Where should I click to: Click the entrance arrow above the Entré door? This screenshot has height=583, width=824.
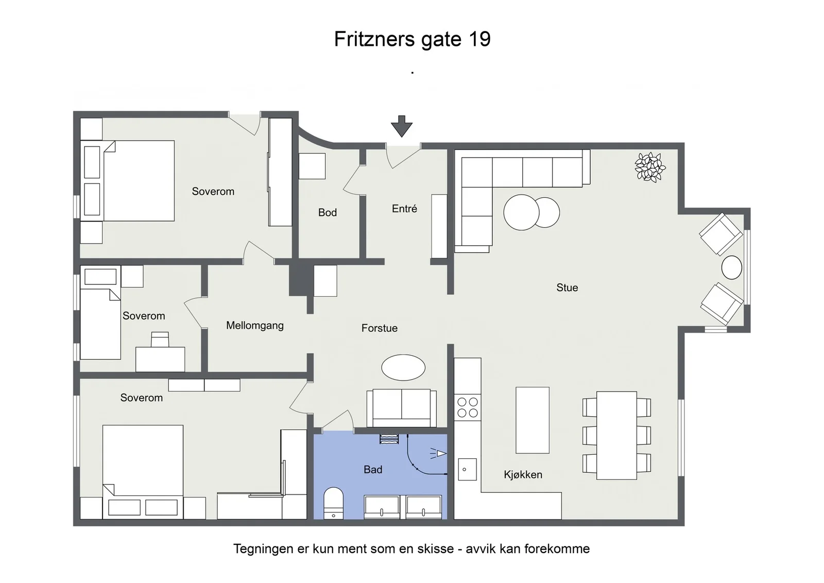[x=401, y=126]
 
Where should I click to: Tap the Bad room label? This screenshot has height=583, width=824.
[x=373, y=469]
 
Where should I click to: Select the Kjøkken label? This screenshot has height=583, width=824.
[x=523, y=474]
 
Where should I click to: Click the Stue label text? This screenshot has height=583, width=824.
[x=567, y=287]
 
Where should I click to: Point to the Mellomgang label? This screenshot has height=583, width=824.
[x=254, y=325]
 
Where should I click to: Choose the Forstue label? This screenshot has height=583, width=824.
[x=379, y=328]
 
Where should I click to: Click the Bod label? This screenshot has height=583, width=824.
[x=328, y=212]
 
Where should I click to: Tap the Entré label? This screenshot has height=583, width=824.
[x=404, y=209]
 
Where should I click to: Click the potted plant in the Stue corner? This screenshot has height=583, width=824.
[x=650, y=167]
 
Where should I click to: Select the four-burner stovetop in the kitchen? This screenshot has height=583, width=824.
[x=467, y=407]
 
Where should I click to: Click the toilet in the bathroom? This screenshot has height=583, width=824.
[x=333, y=503]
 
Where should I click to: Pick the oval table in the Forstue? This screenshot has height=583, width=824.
[x=403, y=367]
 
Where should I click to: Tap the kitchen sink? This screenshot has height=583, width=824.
[x=467, y=469]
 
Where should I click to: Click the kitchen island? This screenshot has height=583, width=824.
[x=533, y=420]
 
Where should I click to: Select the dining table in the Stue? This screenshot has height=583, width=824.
[x=616, y=436]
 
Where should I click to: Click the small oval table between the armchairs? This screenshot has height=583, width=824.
[x=731, y=267]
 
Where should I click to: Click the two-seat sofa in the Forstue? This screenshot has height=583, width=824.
[x=402, y=408]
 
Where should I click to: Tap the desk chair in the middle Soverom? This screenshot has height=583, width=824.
[x=160, y=339]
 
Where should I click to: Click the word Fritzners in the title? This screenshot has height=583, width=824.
[x=374, y=39]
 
